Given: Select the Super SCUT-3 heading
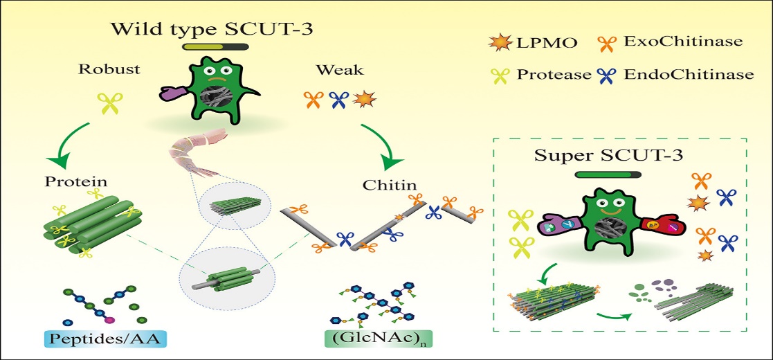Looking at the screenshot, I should (x=610, y=154).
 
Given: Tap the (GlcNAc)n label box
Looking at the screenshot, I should (x=363, y=340).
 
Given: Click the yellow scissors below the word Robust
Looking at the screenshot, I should (x=110, y=104).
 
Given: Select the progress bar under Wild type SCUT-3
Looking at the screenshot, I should (x=215, y=48).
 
